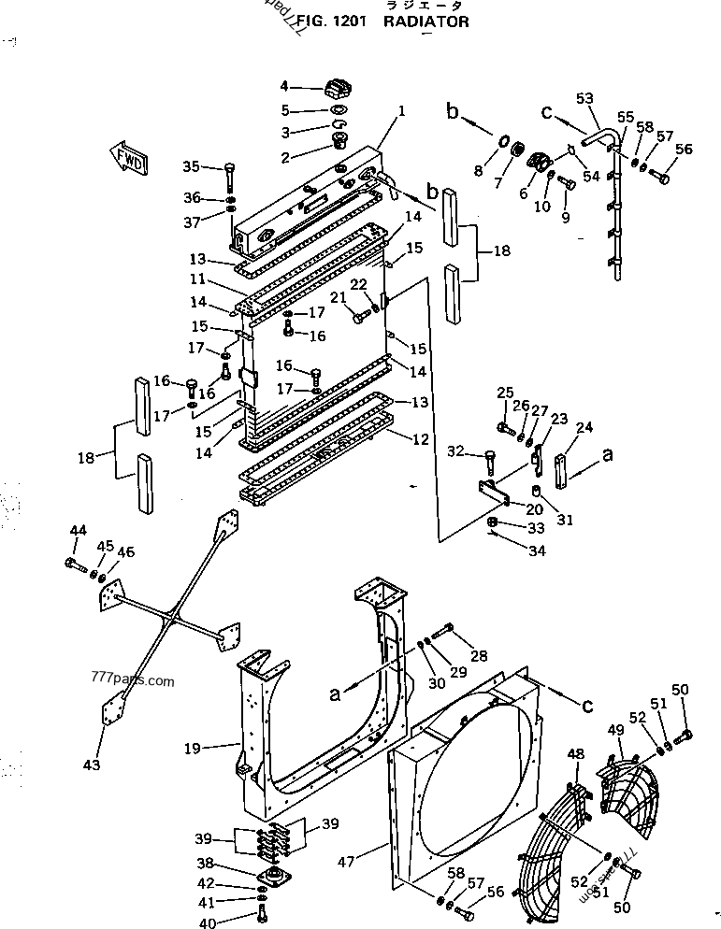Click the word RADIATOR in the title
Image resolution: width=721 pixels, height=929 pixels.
pyautogui.click(x=425, y=21)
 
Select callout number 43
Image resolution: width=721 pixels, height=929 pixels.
pyautogui.click(x=90, y=765)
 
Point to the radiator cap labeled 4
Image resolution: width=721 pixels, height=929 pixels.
pyautogui.click(x=337, y=92)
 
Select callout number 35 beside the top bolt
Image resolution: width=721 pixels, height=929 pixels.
pyautogui.click(x=191, y=167)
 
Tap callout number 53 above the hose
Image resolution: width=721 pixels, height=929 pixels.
pyautogui.click(x=584, y=98)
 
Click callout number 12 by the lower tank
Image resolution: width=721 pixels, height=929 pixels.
pyautogui.click(x=420, y=438)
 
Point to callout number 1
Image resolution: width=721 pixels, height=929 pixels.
pyautogui.click(x=400, y=111)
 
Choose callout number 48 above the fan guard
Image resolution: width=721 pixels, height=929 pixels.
pyautogui.click(x=575, y=754)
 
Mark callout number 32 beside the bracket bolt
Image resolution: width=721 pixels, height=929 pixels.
pyautogui.click(x=454, y=453)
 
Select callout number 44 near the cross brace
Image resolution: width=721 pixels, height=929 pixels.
pyautogui.click(x=78, y=532)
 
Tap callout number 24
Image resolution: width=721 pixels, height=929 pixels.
pyautogui.click(x=584, y=429)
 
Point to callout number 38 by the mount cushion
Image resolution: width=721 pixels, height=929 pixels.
pyautogui.click(x=230, y=863)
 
